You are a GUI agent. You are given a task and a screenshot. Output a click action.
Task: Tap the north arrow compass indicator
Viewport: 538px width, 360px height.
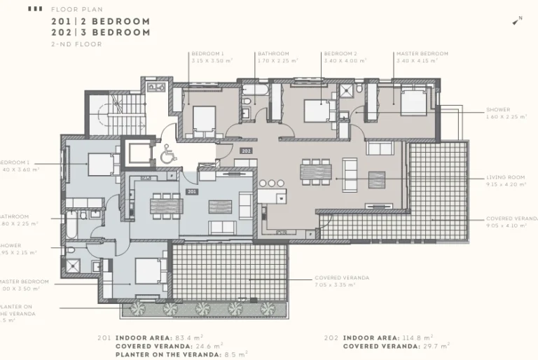coord(517,21)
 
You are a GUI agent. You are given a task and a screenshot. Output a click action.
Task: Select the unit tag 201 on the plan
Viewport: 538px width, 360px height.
coord(191,191)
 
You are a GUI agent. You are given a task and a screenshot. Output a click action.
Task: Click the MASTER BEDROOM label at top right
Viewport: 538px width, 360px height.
coord(422,54)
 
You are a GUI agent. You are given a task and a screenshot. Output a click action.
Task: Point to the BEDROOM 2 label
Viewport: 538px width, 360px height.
coord(340,54)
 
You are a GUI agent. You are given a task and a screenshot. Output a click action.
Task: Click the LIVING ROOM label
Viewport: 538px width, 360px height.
coord(505,178)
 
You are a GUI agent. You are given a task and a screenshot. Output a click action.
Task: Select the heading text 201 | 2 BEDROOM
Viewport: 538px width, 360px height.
coord(101,22)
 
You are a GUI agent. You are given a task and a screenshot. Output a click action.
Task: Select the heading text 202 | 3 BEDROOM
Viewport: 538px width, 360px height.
coord(101,32)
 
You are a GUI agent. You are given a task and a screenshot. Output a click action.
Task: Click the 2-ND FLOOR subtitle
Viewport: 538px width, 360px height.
coord(76,44)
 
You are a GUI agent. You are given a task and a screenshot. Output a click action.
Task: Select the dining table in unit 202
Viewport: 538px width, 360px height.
coord(315,172)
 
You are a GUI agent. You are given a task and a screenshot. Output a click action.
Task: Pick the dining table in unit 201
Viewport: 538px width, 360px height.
coord(166,205)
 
